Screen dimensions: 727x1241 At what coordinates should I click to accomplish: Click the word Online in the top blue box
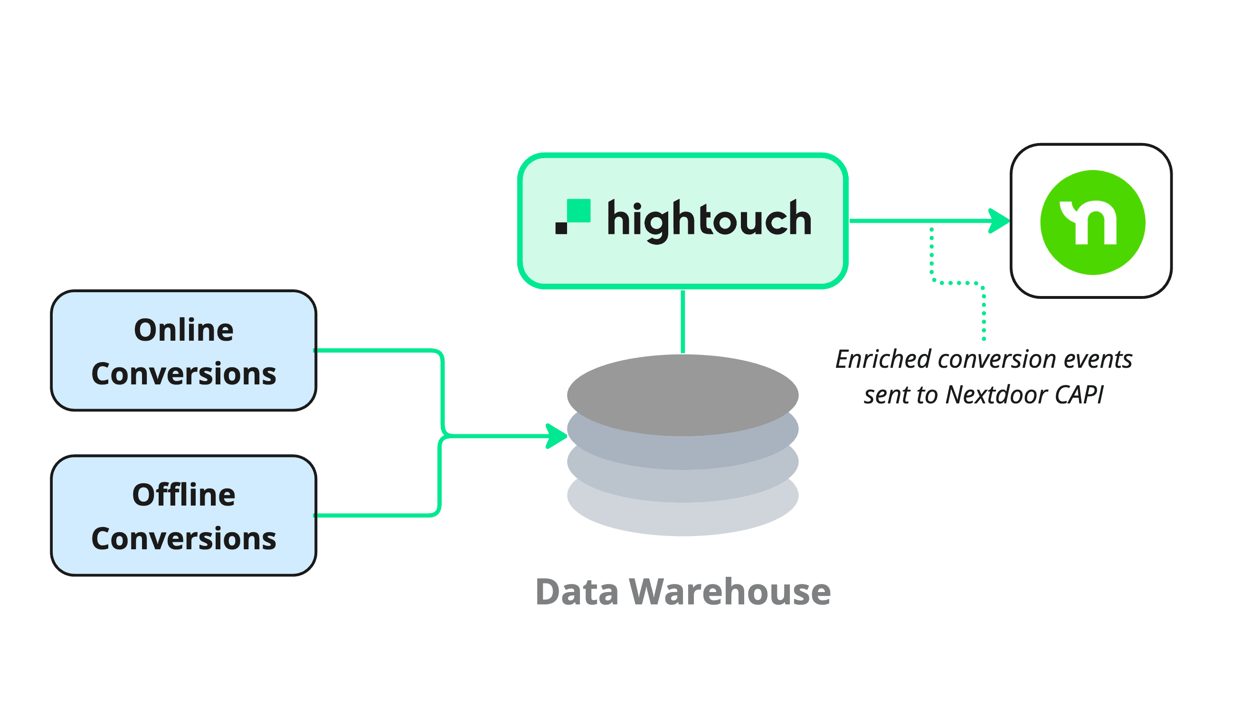pos(184,331)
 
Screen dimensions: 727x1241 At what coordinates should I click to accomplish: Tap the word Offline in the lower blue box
pos(184,496)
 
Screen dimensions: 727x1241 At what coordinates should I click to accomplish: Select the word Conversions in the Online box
pos(184,374)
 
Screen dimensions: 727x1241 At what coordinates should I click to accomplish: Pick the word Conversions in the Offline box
pos(184,539)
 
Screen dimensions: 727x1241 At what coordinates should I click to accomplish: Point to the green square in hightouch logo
pos(578,211)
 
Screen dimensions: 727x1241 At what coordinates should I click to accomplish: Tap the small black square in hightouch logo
pos(561,228)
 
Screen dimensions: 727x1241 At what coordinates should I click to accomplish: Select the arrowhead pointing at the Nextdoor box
pos(999,221)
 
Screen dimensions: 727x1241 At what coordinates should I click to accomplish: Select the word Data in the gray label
pos(577,592)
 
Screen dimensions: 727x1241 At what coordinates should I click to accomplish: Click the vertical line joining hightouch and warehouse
pos(682,322)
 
